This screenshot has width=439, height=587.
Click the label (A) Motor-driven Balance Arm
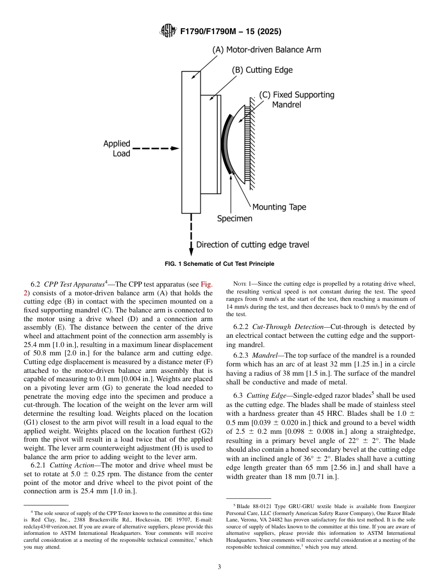(x=266, y=50)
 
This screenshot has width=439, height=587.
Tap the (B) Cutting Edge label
(x=262, y=70)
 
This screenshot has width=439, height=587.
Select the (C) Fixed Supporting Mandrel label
(x=296, y=100)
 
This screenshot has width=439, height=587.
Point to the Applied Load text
(x=117, y=149)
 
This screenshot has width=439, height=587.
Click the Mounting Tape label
(x=279, y=207)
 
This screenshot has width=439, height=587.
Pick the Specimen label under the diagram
(x=235, y=218)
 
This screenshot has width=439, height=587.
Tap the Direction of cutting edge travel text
(x=252, y=245)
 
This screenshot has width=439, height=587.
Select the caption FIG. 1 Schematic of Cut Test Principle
(x=219, y=264)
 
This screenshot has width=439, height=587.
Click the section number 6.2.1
(x=38, y=466)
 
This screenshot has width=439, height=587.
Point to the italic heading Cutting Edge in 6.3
(x=263, y=396)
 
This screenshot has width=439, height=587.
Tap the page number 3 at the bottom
(x=219, y=567)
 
